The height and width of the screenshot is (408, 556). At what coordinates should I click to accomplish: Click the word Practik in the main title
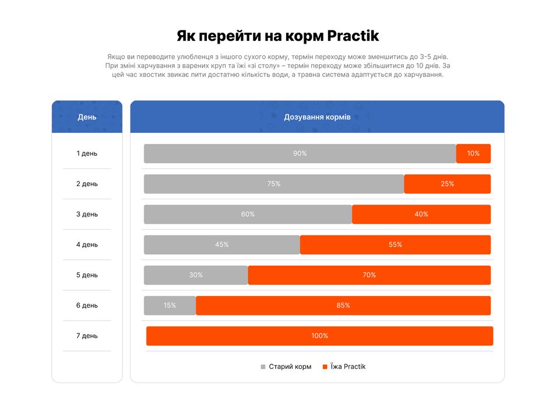pyautogui.click(x=353, y=36)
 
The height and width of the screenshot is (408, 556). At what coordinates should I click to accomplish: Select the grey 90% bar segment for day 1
pyautogui.click(x=300, y=153)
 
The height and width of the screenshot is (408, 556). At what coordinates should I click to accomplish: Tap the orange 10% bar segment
pyautogui.click(x=473, y=153)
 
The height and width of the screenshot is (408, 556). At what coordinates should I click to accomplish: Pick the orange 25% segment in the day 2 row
pyautogui.click(x=447, y=184)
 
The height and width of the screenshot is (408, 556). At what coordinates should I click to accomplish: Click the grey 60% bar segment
pyautogui.click(x=248, y=214)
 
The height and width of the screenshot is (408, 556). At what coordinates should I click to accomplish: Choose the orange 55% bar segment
pyautogui.click(x=395, y=245)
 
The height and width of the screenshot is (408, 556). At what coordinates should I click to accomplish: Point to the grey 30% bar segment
pyautogui.click(x=196, y=275)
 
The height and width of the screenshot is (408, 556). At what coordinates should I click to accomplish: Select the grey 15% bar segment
pyautogui.click(x=170, y=305)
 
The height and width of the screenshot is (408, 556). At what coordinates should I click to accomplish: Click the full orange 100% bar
pyautogui.click(x=319, y=336)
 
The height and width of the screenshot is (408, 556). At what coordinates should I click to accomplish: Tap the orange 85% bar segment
pyautogui.click(x=343, y=305)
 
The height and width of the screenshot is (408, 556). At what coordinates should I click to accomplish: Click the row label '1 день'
pyautogui.click(x=87, y=153)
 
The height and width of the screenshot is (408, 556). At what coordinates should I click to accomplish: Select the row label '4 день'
pyautogui.click(x=87, y=245)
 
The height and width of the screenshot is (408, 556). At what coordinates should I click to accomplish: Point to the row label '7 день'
pyautogui.click(x=87, y=336)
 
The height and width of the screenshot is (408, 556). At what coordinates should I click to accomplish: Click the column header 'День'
pyautogui.click(x=87, y=117)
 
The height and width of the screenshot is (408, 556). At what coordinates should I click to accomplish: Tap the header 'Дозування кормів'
pyautogui.click(x=317, y=117)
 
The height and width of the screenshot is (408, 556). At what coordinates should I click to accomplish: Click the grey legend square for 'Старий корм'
pyautogui.click(x=263, y=367)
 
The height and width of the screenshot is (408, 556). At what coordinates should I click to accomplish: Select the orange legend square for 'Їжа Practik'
pyautogui.click(x=325, y=367)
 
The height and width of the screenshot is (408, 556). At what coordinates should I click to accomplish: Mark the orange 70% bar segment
pyautogui.click(x=369, y=275)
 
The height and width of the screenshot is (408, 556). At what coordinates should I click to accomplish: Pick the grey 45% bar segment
pyautogui.click(x=221, y=245)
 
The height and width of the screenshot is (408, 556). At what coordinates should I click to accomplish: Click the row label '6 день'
pyautogui.click(x=87, y=305)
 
